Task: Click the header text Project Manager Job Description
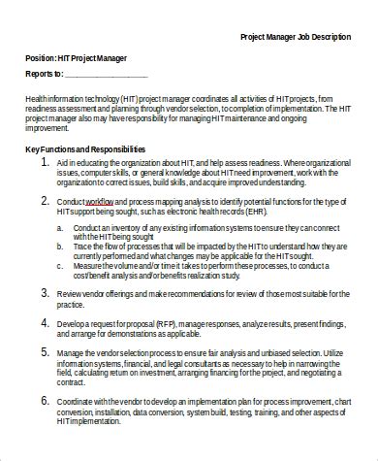coord(296,37)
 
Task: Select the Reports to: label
coord(44,73)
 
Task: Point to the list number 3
coord(47,292)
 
